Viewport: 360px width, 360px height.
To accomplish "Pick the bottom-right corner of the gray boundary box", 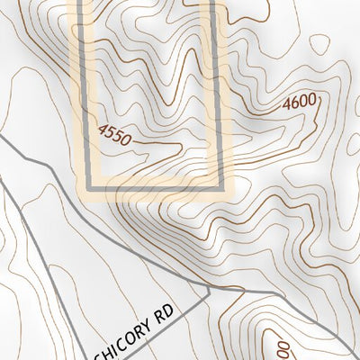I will (x=219, y=188).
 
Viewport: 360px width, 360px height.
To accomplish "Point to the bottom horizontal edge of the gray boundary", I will (x=153, y=188).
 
